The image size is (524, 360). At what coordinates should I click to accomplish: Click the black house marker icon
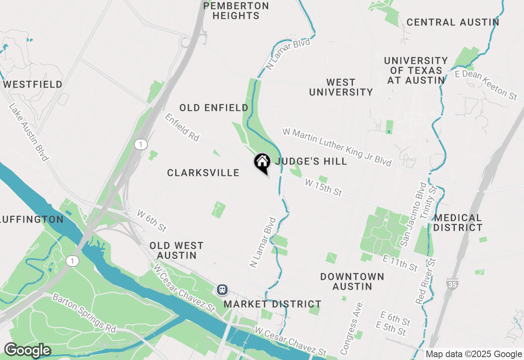tap(262, 162)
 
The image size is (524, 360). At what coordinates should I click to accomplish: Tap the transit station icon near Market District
tap(222, 290)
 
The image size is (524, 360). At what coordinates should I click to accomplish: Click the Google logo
tap(27, 351)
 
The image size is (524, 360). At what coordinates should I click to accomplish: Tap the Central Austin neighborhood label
tap(453, 22)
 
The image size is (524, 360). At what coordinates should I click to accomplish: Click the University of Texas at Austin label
tap(416, 70)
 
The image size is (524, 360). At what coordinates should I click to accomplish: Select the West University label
tap(341, 87)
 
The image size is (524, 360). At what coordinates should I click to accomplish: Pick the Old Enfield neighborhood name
tap(214, 108)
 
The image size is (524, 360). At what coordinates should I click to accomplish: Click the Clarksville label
tap(203, 173)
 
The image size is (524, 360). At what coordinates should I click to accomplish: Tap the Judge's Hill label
tap(311, 161)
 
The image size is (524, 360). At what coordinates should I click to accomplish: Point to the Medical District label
tap(458, 223)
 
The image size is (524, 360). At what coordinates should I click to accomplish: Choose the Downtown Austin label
tap(352, 281)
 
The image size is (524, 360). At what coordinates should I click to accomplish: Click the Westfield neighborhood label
tap(33, 85)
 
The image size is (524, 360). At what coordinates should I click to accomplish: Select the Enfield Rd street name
tap(182, 127)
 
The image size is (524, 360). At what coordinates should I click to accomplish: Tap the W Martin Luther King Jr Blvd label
tap(337, 147)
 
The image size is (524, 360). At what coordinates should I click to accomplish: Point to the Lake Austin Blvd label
tap(29, 132)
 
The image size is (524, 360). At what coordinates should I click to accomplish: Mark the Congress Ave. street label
tap(352, 328)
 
